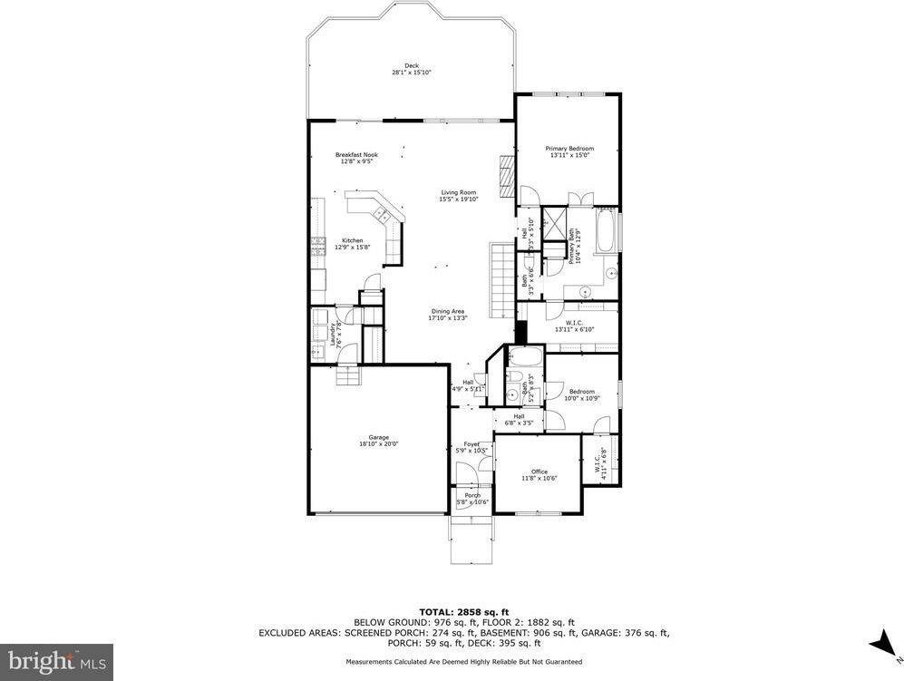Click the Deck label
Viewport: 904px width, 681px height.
tap(411, 69)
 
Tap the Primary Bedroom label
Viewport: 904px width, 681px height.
tap(569, 151)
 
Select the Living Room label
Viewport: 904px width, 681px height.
tap(458, 195)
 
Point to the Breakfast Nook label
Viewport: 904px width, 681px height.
tap(355, 158)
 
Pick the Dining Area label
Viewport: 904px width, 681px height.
tap(448, 315)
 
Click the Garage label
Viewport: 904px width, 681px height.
tap(378, 440)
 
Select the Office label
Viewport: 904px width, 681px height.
tap(539, 474)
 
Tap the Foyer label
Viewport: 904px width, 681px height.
tap(471, 447)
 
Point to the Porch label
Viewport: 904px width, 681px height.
tap(472, 498)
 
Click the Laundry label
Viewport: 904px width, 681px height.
tap(336, 335)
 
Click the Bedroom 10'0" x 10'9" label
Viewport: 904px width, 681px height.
tap(581, 394)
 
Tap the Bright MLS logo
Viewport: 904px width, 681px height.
tap(56, 661)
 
